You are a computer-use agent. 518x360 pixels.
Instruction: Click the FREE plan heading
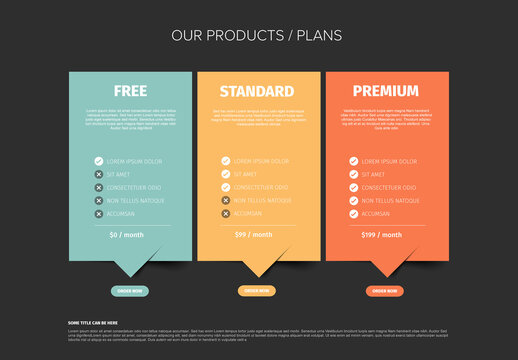(x=130, y=91)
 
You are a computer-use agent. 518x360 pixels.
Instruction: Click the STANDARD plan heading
(x=257, y=91)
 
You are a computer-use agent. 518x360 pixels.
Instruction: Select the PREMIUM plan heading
(x=385, y=91)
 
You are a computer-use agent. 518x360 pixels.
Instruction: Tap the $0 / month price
(x=128, y=234)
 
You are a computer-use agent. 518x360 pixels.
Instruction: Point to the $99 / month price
(x=255, y=234)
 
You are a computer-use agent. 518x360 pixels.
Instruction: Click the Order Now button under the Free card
(x=130, y=291)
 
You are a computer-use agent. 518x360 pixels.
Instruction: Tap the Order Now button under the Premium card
(x=385, y=291)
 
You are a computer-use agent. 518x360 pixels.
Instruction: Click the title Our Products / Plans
(x=257, y=35)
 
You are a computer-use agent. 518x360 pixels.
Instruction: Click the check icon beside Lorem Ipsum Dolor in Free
(x=99, y=160)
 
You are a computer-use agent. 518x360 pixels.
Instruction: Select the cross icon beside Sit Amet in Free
(x=99, y=174)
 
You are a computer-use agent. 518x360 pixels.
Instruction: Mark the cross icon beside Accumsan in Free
(x=99, y=213)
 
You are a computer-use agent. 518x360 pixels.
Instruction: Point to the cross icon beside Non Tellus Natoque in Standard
(x=226, y=200)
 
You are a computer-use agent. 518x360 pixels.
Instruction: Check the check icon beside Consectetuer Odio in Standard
(x=226, y=187)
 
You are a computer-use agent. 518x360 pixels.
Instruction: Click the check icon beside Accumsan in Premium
(x=353, y=213)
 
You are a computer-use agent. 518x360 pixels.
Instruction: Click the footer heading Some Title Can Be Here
(x=93, y=322)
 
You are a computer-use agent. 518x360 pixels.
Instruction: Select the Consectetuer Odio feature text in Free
(x=135, y=187)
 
